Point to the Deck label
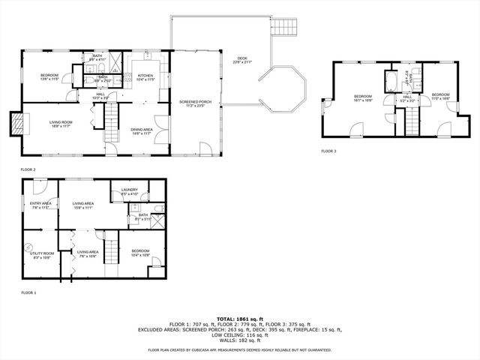point(242,58)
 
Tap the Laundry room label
point(129,191)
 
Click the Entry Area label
point(40,204)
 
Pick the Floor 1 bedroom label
point(140,252)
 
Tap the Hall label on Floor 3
point(407,97)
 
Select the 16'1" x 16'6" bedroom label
point(363,97)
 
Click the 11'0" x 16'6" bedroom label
point(439,96)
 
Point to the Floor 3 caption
point(328,151)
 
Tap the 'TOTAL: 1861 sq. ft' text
point(239,319)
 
